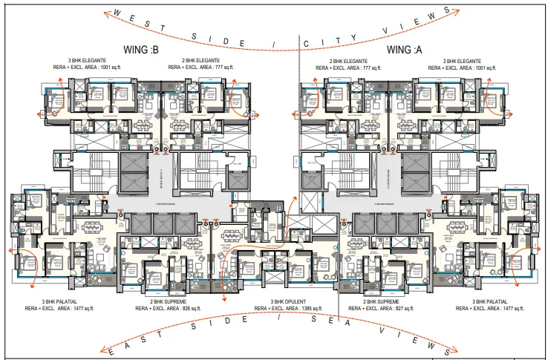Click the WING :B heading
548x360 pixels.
pos(140,50)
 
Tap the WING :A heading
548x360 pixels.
pos(405,50)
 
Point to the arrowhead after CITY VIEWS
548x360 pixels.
pos(447,11)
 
